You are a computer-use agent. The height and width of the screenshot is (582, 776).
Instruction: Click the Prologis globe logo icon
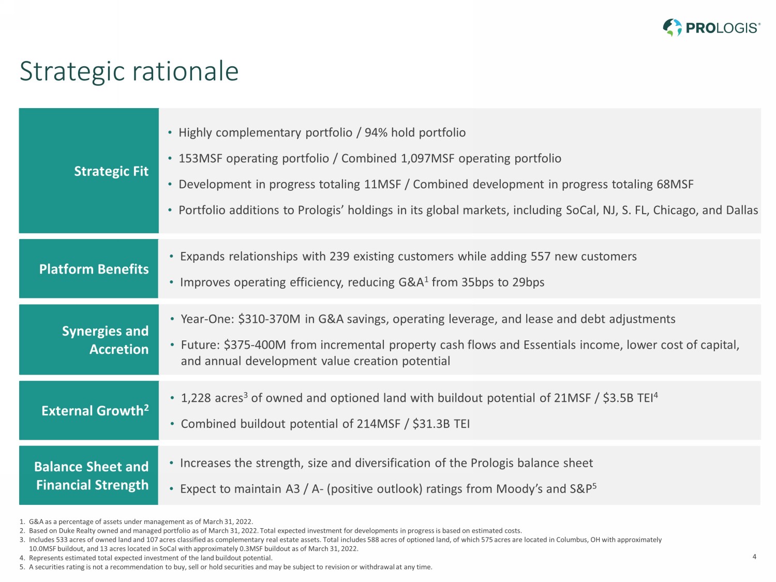[x=672, y=27]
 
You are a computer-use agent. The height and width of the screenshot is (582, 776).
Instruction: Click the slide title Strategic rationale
[x=129, y=72]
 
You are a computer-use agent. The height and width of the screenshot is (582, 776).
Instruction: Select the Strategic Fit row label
[x=111, y=171]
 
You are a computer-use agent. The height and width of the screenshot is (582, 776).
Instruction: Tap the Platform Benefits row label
[x=94, y=269]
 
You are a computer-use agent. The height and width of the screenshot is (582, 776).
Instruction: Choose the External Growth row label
[x=95, y=410]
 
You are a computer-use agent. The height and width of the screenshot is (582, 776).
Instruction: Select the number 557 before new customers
[x=541, y=257]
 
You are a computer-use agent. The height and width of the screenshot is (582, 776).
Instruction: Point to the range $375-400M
[x=255, y=345]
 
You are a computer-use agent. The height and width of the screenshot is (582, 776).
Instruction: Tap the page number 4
[x=754, y=557]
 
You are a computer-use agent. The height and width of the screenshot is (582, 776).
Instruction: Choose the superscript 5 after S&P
[x=594, y=486]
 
